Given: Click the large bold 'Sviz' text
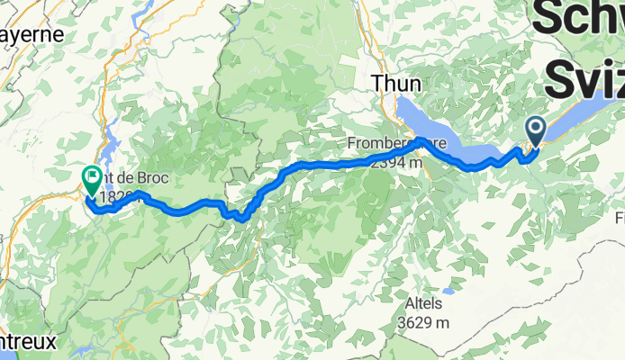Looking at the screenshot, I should pos(585,79).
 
